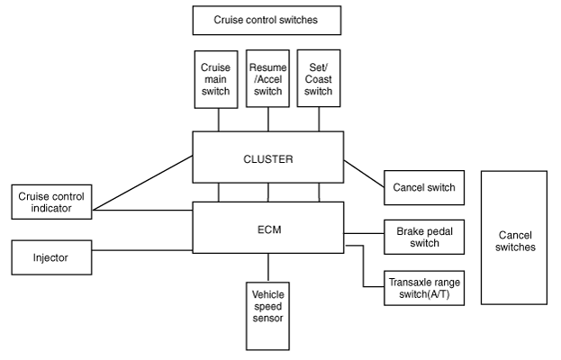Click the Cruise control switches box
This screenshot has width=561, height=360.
tap(267, 20)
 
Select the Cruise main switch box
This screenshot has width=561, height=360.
tap(216, 79)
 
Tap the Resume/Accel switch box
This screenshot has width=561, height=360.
tap(267, 78)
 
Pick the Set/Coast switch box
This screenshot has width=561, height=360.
tap(319, 78)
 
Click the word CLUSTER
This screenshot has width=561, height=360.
tap(268, 159)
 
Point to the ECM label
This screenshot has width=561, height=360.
tap(269, 229)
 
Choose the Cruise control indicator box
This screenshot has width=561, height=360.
tap(52, 202)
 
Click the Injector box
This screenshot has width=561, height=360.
tap(52, 257)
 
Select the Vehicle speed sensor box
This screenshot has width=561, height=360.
tap(267, 316)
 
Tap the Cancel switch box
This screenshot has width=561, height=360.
tap(424, 188)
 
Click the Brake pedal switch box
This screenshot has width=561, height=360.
tap(424, 237)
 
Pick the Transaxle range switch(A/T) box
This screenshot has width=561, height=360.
tap(424, 288)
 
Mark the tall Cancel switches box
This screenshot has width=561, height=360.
tap(514, 238)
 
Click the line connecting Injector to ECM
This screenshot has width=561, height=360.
tap(142, 250)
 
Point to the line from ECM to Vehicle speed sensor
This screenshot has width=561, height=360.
tap(268, 268)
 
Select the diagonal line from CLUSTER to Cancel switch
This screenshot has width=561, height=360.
tap(364, 174)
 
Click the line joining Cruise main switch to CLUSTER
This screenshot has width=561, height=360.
tap(218, 120)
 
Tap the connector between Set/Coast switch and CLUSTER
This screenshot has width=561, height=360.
tap(319, 119)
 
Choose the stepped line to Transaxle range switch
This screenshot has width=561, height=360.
tap(364, 266)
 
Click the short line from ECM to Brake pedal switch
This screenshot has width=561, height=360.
tap(364, 233)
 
